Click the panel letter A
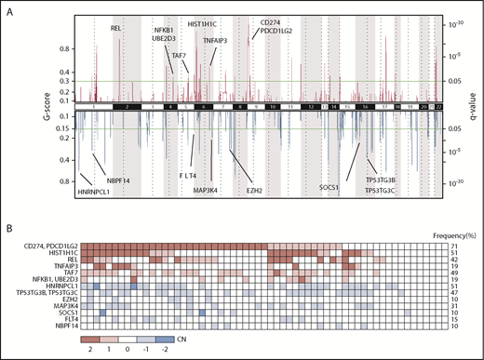8,7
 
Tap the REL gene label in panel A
116,29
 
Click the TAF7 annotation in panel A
179,56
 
